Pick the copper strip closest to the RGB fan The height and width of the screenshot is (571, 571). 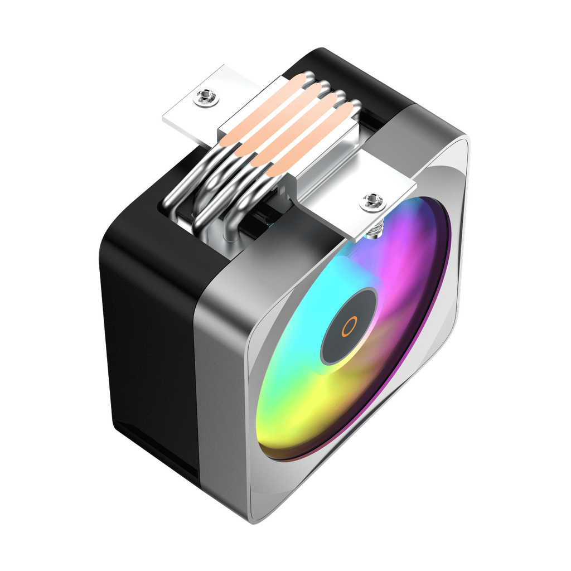(312, 139)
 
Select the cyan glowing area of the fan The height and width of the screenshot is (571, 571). (290, 335)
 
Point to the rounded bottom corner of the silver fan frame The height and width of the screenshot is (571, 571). (268, 510)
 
